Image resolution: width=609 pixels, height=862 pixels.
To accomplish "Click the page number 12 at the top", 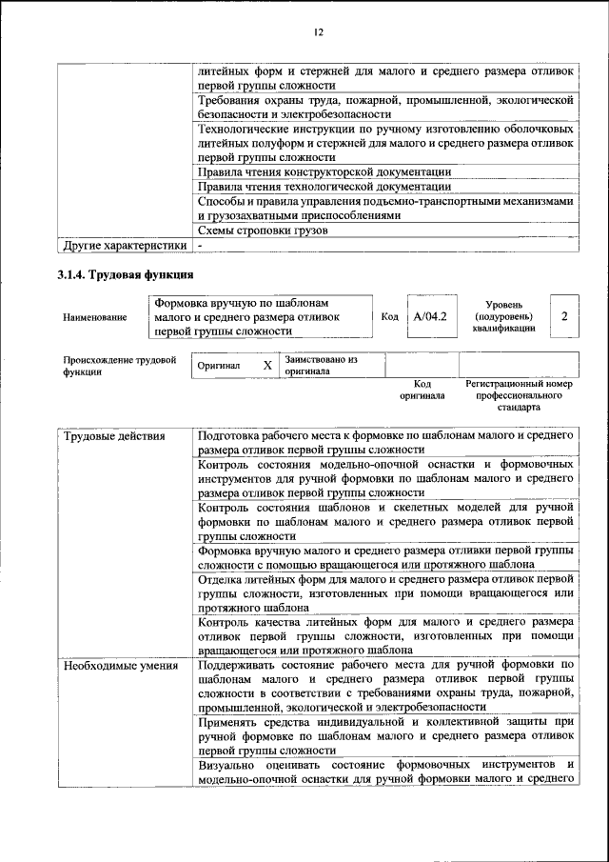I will (x=318, y=32).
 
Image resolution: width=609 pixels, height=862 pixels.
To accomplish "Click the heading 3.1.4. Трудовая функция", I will (x=125, y=276).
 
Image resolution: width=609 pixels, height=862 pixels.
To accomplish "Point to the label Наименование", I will (x=95, y=317).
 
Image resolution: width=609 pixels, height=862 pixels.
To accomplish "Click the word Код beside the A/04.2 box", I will (x=388, y=316).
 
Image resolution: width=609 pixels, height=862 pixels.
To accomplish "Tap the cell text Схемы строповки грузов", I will (x=263, y=231).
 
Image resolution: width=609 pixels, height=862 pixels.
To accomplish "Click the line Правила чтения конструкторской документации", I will (x=324, y=172).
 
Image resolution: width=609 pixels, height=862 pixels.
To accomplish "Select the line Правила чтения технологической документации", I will (x=324, y=187).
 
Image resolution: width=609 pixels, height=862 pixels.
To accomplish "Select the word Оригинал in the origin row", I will (x=219, y=366).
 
